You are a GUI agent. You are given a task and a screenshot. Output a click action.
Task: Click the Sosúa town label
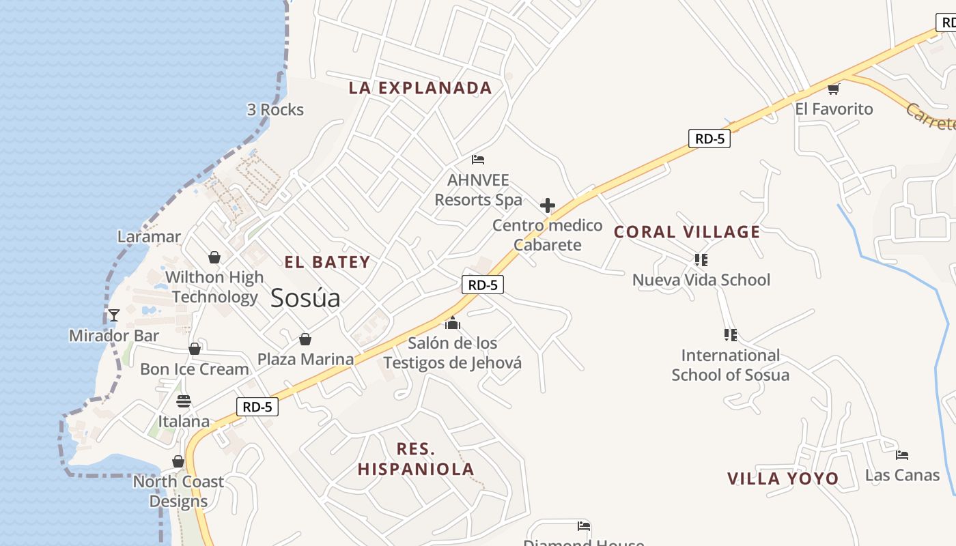305,298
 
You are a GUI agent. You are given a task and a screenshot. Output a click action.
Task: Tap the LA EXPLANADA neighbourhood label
420,88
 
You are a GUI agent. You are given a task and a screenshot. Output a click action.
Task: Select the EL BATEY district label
327,262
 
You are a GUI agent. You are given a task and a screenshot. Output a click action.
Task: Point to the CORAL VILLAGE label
687,232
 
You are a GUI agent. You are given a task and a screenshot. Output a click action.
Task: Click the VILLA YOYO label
783,478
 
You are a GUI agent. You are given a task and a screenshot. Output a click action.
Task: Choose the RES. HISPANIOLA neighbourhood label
416,459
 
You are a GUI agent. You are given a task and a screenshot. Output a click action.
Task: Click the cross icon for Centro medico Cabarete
547,205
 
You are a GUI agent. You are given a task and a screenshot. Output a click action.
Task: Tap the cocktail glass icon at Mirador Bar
114,315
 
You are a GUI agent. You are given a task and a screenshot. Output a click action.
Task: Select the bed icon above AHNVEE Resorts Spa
478,160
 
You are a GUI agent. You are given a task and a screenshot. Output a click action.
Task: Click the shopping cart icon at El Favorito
833,88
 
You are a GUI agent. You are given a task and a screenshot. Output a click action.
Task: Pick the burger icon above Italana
183,401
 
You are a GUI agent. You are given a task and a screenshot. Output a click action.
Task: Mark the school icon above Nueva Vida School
701,259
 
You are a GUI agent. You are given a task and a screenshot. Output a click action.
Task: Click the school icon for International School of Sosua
730,335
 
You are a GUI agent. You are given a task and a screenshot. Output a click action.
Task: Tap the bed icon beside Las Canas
902,455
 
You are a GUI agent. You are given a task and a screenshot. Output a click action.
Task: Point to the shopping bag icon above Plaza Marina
305,339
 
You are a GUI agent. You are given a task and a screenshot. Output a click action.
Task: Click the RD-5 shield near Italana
257,407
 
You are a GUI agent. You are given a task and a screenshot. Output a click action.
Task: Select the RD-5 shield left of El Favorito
709,139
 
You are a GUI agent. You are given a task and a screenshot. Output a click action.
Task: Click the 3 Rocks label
275,110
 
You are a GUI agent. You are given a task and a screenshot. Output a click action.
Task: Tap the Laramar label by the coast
149,237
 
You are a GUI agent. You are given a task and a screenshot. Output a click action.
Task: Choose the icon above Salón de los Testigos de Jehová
452,323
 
